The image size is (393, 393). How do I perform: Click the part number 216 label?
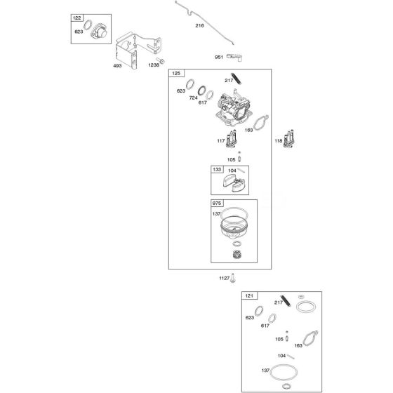point(199,25)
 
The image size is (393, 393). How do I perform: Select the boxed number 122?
point(77,18)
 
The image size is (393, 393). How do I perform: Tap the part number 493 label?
point(117,66)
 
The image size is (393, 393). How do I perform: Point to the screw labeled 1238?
point(161,60)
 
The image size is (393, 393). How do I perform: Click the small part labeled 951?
point(235,57)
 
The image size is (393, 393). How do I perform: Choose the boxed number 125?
point(176,73)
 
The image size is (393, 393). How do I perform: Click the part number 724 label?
point(193,98)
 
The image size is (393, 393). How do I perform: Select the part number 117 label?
point(220,141)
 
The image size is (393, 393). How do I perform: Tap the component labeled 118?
point(288,139)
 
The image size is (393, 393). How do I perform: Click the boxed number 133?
point(217,169)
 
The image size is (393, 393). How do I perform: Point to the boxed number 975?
point(217,204)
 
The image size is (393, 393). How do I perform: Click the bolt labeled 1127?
point(233,278)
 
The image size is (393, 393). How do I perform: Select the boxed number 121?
point(249,295)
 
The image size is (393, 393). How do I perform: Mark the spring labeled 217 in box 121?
point(286,300)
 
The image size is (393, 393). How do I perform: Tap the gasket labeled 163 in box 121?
point(311,338)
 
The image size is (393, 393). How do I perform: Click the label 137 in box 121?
point(265,371)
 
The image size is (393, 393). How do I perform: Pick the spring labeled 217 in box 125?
point(237,79)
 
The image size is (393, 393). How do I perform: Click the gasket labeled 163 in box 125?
point(261,123)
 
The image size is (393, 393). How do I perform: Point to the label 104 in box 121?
point(281,356)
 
